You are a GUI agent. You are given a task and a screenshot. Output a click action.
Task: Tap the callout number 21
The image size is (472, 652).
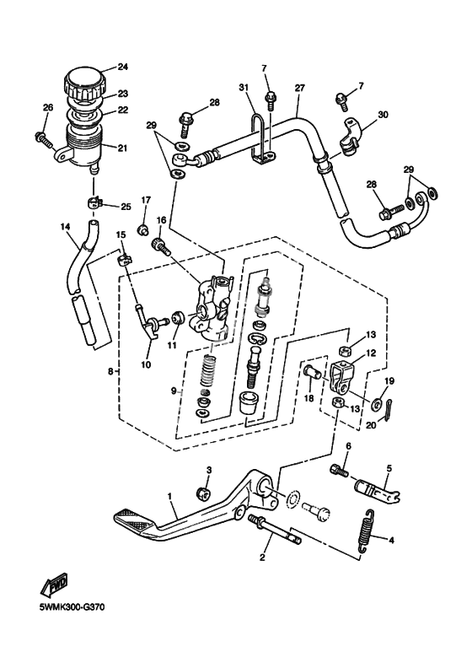[x=122, y=148]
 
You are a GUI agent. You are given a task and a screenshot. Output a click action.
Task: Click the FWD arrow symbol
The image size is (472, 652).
[x=54, y=586]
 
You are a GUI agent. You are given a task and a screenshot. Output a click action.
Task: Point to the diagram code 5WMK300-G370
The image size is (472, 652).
[x=72, y=607]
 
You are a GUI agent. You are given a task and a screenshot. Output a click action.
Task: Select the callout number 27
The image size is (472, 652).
[x=299, y=88]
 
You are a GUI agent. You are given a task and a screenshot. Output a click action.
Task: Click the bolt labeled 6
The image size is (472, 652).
[x=339, y=471]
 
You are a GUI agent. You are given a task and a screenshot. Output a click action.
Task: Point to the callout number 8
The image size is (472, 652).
[x=110, y=371]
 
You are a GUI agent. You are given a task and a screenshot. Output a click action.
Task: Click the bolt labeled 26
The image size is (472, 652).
[x=44, y=139]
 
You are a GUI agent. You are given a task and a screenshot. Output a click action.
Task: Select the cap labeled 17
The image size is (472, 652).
[x=144, y=229]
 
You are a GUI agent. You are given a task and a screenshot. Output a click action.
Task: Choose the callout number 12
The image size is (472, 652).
[x=371, y=353]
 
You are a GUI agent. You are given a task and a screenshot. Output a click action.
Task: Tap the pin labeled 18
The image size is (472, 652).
[x=313, y=371]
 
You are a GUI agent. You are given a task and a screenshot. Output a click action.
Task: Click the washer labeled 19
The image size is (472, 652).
[x=378, y=402]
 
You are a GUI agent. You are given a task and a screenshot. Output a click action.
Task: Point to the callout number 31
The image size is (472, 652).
[x=244, y=87]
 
